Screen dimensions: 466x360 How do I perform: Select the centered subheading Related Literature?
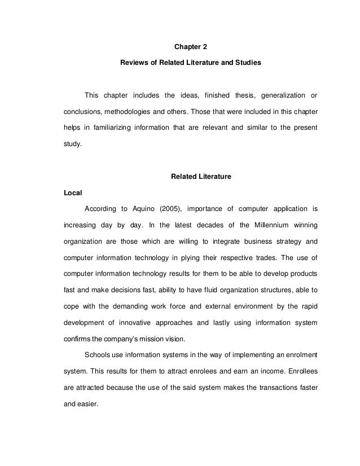[x=201, y=177]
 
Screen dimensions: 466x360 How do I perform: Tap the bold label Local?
[x=73, y=193]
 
